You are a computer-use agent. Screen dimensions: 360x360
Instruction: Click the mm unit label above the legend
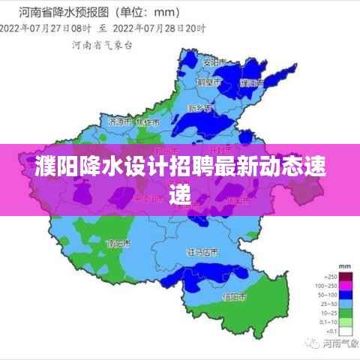(x=345, y=266)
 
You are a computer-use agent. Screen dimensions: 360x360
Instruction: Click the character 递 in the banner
(x=180, y=193)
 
